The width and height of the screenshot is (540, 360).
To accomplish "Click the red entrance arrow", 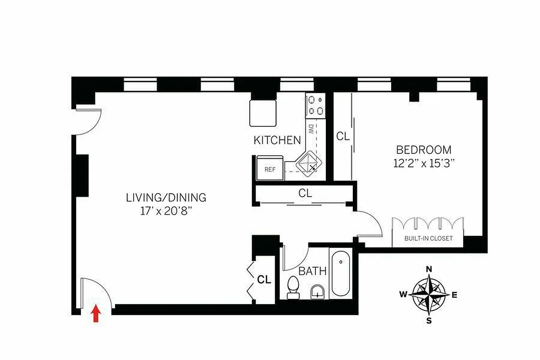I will [95, 314].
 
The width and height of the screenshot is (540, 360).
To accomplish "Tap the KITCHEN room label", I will [277, 140].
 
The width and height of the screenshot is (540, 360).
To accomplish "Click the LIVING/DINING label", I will [166, 198].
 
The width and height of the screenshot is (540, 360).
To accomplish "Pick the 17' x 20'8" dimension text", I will [166, 210].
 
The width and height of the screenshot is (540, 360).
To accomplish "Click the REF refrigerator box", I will [270, 170].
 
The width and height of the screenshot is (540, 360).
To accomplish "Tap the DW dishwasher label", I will [310, 129].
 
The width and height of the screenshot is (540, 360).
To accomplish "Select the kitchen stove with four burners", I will [315, 106].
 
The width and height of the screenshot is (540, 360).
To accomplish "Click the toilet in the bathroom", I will [293, 287].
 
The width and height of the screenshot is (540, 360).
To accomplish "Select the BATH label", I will [312, 271].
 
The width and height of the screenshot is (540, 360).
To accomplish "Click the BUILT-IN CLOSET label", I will [428, 238].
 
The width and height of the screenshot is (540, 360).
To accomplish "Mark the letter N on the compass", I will [429, 269].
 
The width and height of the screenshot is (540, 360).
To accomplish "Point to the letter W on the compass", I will [403, 295].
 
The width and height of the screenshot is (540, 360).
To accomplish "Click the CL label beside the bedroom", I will [343, 136].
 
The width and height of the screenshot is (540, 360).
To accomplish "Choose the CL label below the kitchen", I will [305, 193].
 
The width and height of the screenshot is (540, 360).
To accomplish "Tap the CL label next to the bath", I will [264, 279].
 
